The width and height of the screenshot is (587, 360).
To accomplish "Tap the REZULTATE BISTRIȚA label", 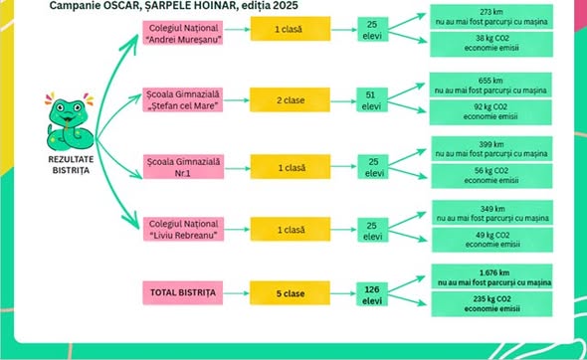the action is (71, 165).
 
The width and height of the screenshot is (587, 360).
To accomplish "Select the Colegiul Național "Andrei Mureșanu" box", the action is (183, 33).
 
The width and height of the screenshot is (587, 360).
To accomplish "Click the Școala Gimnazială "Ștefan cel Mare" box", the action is (183, 99).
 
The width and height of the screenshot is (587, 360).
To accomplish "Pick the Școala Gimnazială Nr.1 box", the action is (183, 167).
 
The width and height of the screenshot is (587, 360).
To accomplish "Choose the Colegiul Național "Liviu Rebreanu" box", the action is (183, 229).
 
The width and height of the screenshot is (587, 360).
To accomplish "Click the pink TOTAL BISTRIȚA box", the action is (183, 292).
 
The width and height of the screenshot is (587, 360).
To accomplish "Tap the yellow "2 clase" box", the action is (291, 99).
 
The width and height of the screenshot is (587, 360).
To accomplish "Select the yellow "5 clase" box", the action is (291, 293).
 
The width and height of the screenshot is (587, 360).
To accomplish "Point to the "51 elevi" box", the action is (371, 100).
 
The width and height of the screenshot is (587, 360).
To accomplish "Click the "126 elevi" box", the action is (372, 294).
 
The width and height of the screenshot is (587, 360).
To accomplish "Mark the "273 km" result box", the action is (491, 17).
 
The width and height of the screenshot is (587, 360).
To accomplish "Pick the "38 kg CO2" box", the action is (491, 44).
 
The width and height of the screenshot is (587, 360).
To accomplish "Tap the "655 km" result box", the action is (490, 85).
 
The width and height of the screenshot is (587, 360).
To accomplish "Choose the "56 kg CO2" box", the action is (491, 176).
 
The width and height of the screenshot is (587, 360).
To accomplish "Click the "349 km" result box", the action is (492, 213).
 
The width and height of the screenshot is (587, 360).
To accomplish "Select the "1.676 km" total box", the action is (491, 276).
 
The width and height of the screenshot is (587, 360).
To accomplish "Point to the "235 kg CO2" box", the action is (491, 304).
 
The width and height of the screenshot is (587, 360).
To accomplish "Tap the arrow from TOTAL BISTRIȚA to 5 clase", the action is (237, 293).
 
